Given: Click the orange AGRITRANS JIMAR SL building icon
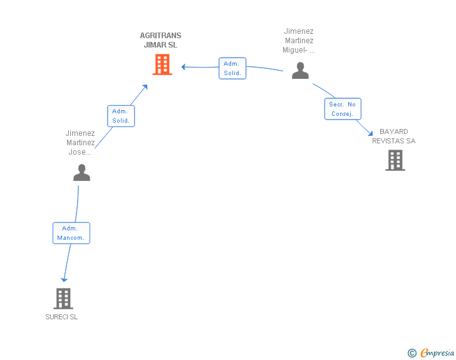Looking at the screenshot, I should pyautogui.click(x=162, y=64).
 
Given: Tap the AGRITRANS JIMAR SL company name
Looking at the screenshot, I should pyautogui.click(x=160, y=40).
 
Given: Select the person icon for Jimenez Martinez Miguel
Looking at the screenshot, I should pyautogui.click(x=301, y=71).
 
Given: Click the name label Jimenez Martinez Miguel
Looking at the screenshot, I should pyautogui.click(x=299, y=41).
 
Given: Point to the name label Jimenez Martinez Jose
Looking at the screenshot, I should pyautogui.click(x=80, y=143).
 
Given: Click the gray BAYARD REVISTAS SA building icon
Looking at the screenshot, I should pyautogui.click(x=395, y=160).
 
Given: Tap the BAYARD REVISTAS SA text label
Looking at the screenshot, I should pyautogui.click(x=393, y=136).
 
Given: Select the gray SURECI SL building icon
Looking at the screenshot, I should pyautogui.click(x=63, y=299).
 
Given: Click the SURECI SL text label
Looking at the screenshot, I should pyautogui.click(x=61, y=317).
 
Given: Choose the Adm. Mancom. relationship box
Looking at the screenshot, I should pyautogui.click(x=71, y=233).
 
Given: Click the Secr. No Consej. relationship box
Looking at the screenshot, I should pyautogui.click(x=343, y=109).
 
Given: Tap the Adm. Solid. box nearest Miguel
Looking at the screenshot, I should pyautogui.click(x=232, y=68).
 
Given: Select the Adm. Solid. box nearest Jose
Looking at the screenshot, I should pyautogui.click(x=121, y=116).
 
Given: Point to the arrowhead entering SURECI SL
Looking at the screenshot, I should pyautogui.click(x=63, y=279).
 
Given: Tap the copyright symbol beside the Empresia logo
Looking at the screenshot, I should pyautogui.click(x=412, y=353).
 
